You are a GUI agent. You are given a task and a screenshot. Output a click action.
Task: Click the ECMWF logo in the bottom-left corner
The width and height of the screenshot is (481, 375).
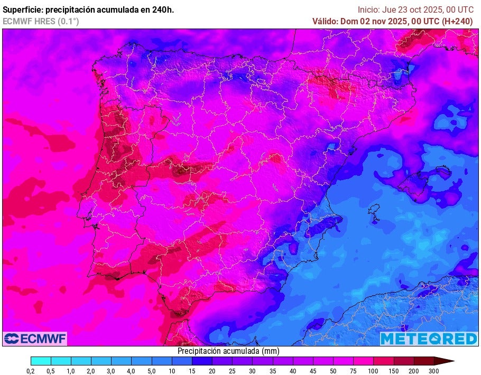35,339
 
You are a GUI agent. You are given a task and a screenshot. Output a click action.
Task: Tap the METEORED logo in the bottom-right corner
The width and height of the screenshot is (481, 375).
429,339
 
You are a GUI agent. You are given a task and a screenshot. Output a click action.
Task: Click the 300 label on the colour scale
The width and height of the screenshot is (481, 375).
433,371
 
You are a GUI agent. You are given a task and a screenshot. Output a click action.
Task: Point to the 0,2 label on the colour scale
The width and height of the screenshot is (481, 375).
31,371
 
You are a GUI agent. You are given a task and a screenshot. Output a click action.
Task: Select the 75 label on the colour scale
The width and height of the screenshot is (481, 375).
353,371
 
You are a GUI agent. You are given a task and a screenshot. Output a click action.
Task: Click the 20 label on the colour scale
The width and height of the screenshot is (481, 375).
212,371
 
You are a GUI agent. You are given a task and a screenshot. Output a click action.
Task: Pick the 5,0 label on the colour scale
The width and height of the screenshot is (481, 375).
151,371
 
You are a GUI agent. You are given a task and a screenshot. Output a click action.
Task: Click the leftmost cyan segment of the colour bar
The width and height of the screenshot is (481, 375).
41,361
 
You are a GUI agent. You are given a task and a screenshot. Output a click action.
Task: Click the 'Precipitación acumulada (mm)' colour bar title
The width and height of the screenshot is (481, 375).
228,351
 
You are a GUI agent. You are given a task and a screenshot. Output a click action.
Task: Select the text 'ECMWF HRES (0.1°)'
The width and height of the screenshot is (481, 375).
41,21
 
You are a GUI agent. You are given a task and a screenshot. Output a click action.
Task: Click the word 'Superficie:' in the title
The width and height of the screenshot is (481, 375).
22,10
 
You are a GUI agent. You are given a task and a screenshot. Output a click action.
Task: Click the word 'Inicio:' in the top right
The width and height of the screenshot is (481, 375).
368,10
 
